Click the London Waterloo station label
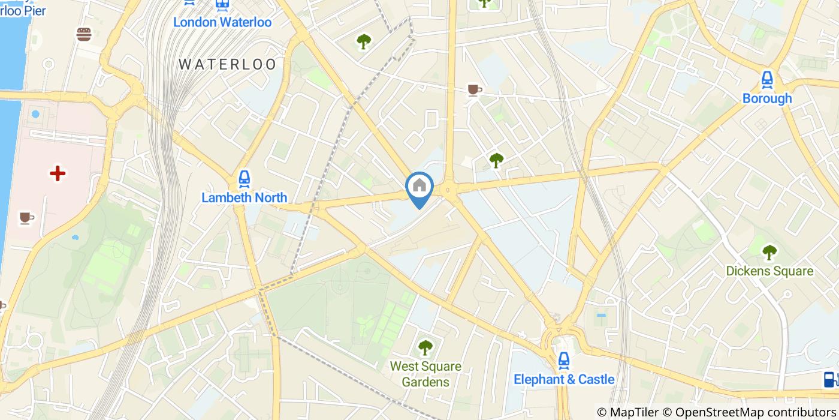tap(222, 22)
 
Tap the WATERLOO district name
tap(228, 64)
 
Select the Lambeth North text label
tap(244, 197)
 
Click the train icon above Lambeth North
tap(244, 178)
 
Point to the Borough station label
tap(767, 98)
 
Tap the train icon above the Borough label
tap(767, 79)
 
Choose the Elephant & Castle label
tap(564, 379)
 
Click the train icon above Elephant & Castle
tap(563, 360)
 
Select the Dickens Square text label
tap(769, 271)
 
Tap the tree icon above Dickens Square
tap(769, 252)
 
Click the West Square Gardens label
tap(425, 374)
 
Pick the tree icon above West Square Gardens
tap(425, 347)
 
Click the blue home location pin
tap(419, 187)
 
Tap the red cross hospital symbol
tap(58, 174)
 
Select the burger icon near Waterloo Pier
tap(84, 34)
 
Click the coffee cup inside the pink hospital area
tap(25, 217)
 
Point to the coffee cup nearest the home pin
tap(474, 90)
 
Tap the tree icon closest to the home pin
tap(496, 160)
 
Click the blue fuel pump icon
tap(829, 379)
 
